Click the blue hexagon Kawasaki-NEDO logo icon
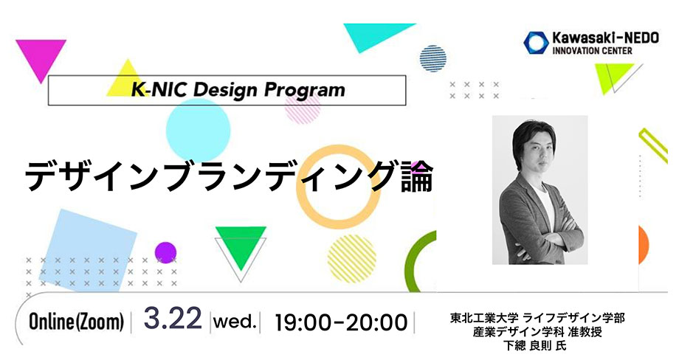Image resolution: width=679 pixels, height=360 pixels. coord(536,43)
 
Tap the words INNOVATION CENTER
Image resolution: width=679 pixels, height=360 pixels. coord(592,51)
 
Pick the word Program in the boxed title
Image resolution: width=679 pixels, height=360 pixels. coord(304,91)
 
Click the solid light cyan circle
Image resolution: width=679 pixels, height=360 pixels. coord(198,131)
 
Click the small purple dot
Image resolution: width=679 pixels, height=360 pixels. coord(165,253)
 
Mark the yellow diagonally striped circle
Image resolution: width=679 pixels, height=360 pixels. coord(351,258)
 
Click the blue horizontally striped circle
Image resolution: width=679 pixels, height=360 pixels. coord(433,58)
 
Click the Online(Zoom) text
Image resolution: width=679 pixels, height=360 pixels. coord(76,322)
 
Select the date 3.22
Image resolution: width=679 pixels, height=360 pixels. coord(173,318)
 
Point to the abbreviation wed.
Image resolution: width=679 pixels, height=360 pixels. coord(235,322)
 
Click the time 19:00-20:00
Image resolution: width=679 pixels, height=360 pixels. coord(341,323)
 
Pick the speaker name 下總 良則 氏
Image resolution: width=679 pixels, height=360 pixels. coord(535,345)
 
